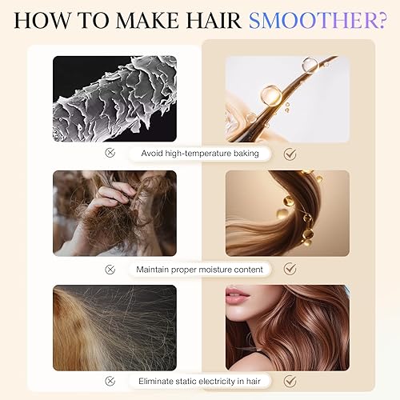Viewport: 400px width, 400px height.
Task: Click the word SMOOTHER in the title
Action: (311, 19)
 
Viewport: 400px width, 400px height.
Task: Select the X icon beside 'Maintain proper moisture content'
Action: (121, 270)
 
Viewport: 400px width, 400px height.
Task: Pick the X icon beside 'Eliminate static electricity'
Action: (121, 382)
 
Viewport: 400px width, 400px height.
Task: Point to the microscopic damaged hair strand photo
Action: (114, 98)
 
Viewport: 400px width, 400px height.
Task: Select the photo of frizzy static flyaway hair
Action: (114, 327)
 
